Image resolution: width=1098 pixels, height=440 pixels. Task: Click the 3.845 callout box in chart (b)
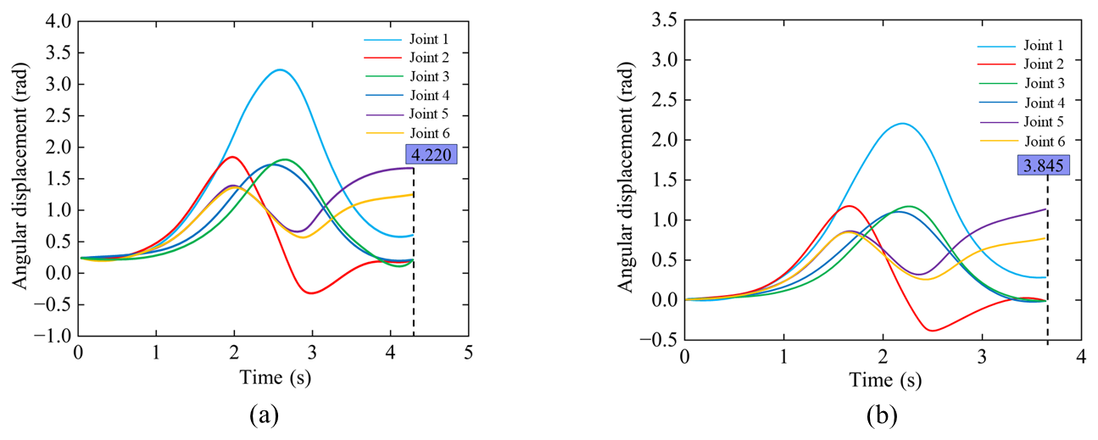[1043, 165]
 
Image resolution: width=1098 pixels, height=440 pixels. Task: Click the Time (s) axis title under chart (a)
[272, 376]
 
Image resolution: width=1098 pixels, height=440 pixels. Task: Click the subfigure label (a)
[263, 415]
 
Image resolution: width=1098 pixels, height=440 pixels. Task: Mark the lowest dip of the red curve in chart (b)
[933, 330]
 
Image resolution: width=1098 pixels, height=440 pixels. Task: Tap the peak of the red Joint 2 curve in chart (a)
[233, 157]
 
